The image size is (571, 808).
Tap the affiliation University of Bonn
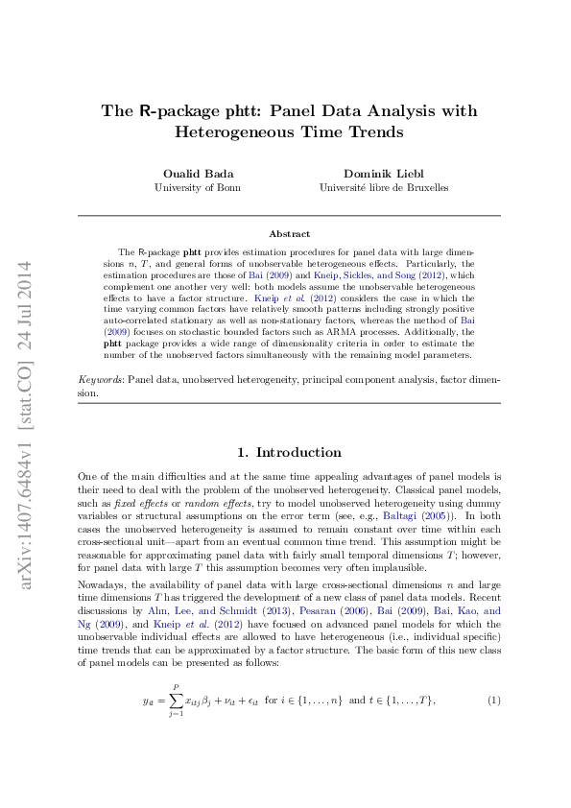199,188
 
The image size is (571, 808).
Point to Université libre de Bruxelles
384,188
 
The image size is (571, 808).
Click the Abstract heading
289,234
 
